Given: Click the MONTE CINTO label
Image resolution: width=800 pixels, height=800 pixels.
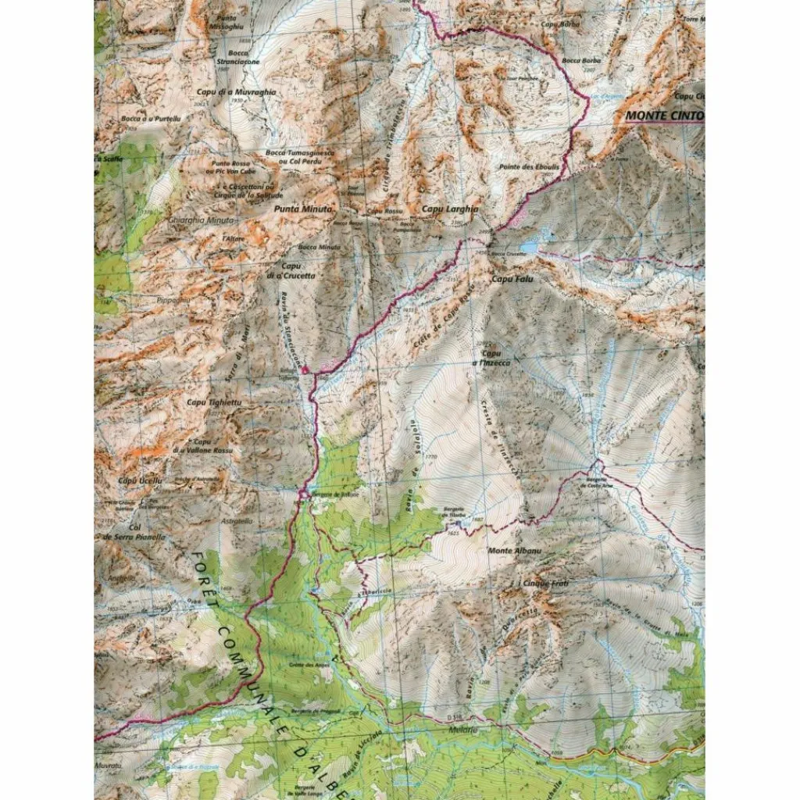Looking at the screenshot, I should [665, 116].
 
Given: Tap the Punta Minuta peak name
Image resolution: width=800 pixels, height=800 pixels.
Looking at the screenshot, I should [304, 210].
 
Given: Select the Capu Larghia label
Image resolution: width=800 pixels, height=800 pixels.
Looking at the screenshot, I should [443, 210].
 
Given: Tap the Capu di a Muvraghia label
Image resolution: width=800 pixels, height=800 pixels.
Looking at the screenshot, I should [225, 92].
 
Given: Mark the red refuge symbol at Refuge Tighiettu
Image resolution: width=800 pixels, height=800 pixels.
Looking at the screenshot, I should [305, 369].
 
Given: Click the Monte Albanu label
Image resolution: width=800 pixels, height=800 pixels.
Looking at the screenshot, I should [509, 552].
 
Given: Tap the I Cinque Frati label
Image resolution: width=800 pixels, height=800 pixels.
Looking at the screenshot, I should [544, 584].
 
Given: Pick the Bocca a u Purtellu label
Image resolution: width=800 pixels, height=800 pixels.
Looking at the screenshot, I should [151, 118].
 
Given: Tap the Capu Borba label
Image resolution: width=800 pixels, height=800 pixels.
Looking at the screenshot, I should [557, 24].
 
